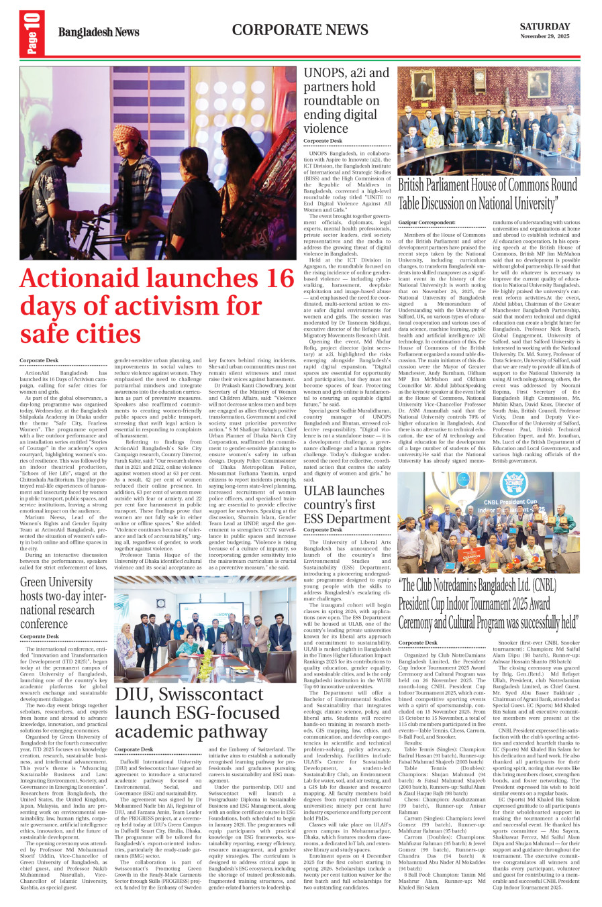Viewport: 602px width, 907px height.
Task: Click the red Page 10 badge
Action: point(32,33)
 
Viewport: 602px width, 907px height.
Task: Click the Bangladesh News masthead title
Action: point(99,32)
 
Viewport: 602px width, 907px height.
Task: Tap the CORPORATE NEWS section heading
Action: point(300,30)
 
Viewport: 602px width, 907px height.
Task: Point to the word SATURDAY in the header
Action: point(544,27)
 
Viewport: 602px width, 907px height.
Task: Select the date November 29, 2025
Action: point(544,37)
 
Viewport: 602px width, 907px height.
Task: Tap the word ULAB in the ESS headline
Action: point(319,490)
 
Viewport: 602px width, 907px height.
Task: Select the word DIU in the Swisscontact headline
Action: point(133,694)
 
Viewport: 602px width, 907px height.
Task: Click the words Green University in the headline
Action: point(56,582)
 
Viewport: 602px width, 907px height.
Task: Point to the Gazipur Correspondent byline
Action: point(426,222)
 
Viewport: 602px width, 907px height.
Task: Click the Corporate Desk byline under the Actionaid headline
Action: point(39,361)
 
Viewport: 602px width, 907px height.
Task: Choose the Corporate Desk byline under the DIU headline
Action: point(134,749)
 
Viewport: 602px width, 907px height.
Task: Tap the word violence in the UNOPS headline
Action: point(325,128)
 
